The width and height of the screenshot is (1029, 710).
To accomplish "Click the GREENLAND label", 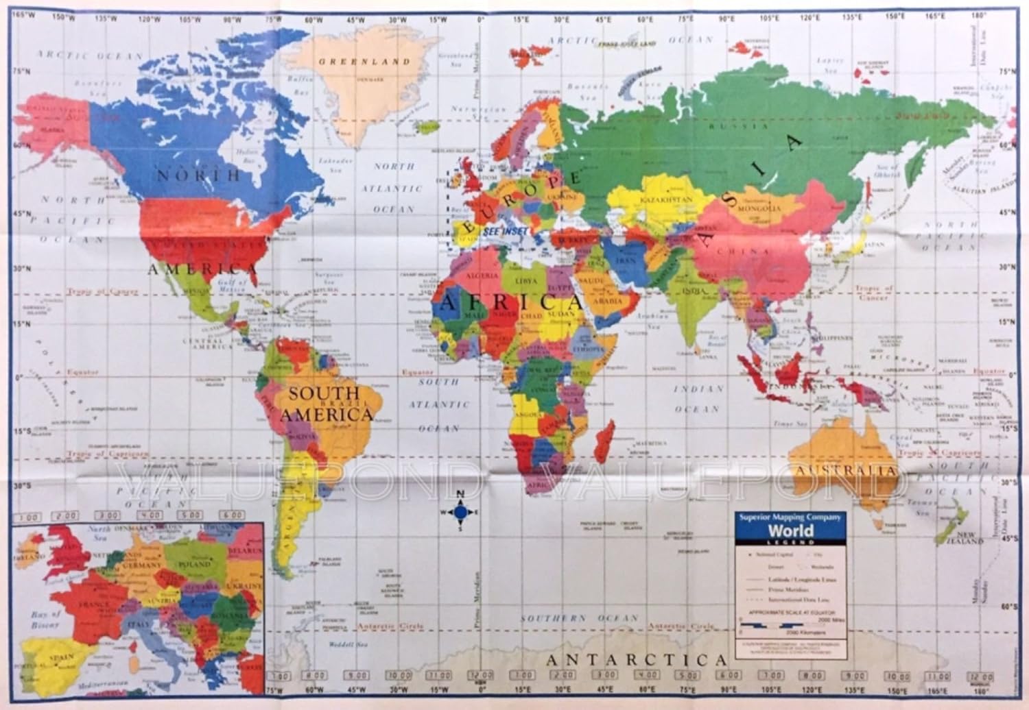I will (x=364, y=62).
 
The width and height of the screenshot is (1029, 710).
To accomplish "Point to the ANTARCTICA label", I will (x=636, y=661).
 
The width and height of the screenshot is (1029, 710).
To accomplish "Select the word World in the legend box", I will (x=790, y=530).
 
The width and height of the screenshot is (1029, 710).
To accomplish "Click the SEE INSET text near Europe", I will (x=505, y=232).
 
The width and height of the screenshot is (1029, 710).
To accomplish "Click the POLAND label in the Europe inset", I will (x=194, y=564).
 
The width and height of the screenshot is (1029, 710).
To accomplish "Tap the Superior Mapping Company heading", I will (x=789, y=517).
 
